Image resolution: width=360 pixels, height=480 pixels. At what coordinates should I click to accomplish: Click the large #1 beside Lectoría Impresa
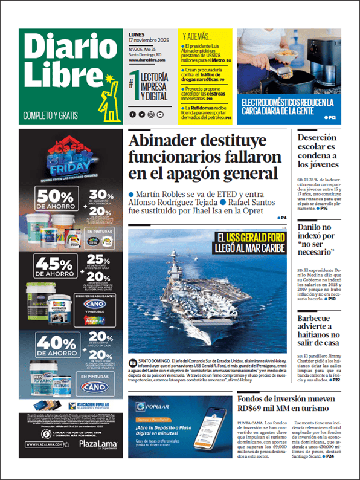pyautogui.click(x=134, y=83)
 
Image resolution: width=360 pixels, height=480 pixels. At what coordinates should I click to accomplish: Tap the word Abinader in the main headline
pyautogui.click(x=169, y=143)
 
